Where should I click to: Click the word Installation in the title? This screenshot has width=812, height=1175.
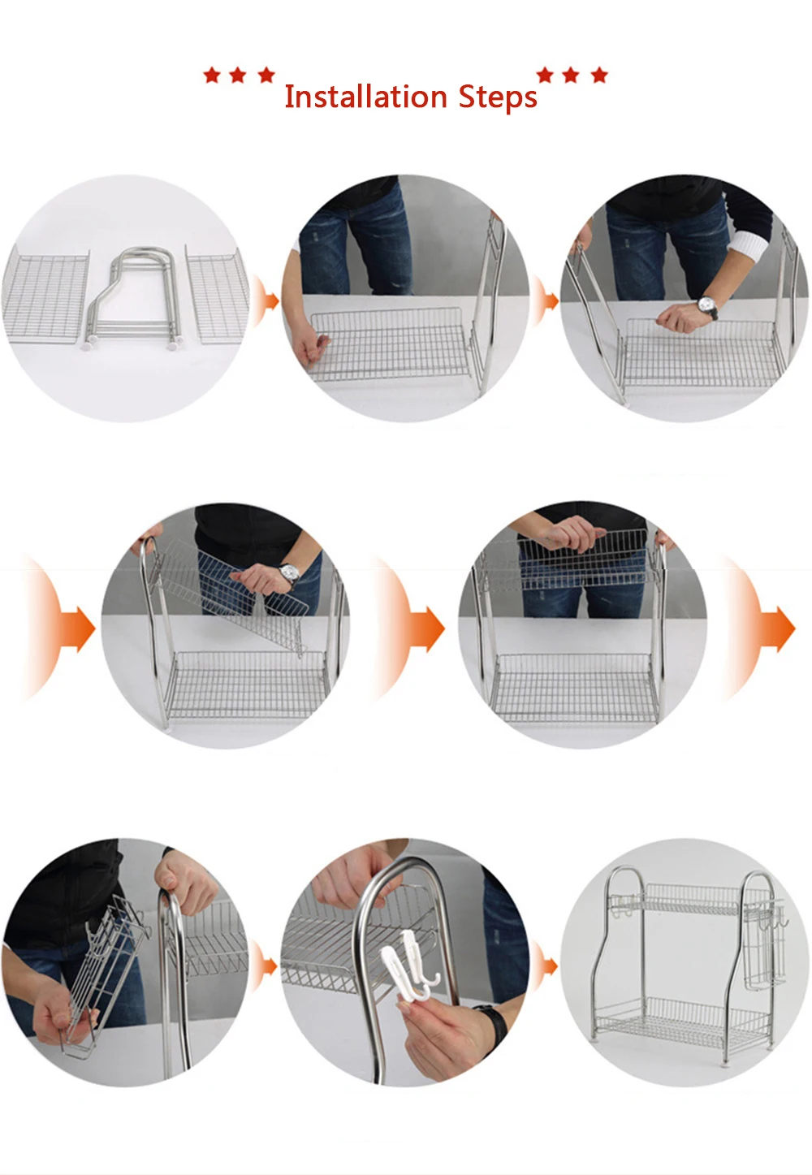(365, 97)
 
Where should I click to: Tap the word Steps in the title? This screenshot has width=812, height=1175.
(498, 98)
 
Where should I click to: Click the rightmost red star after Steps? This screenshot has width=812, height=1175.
(599, 75)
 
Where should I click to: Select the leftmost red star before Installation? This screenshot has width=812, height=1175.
(212, 75)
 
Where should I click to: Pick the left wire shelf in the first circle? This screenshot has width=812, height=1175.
(45, 297)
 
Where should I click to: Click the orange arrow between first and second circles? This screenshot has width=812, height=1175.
(266, 301)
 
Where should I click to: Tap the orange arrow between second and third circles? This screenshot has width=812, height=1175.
(546, 301)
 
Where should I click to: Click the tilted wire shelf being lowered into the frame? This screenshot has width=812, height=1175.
(231, 595)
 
